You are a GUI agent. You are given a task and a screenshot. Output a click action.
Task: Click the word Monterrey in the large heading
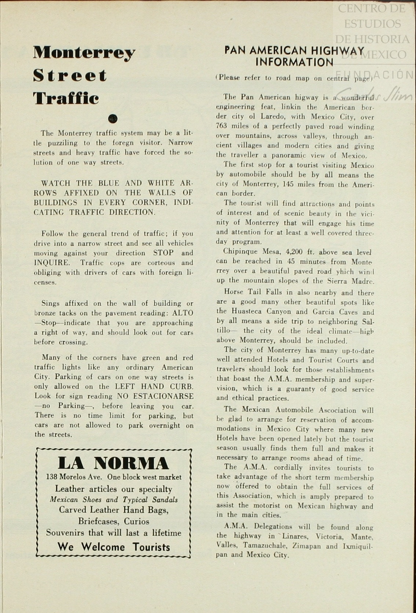(x=84, y=54)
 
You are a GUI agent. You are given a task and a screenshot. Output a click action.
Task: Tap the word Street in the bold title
(x=70, y=76)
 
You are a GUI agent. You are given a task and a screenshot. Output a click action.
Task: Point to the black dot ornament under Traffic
(x=113, y=118)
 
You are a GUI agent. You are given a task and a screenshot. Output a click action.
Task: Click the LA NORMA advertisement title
(x=113, y=463)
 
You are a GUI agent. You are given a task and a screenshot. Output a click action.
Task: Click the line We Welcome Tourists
(x=114, y=547)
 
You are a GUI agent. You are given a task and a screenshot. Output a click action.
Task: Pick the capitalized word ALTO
(x=183, y=313)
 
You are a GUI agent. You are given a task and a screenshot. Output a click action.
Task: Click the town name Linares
(x=295, y=536)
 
